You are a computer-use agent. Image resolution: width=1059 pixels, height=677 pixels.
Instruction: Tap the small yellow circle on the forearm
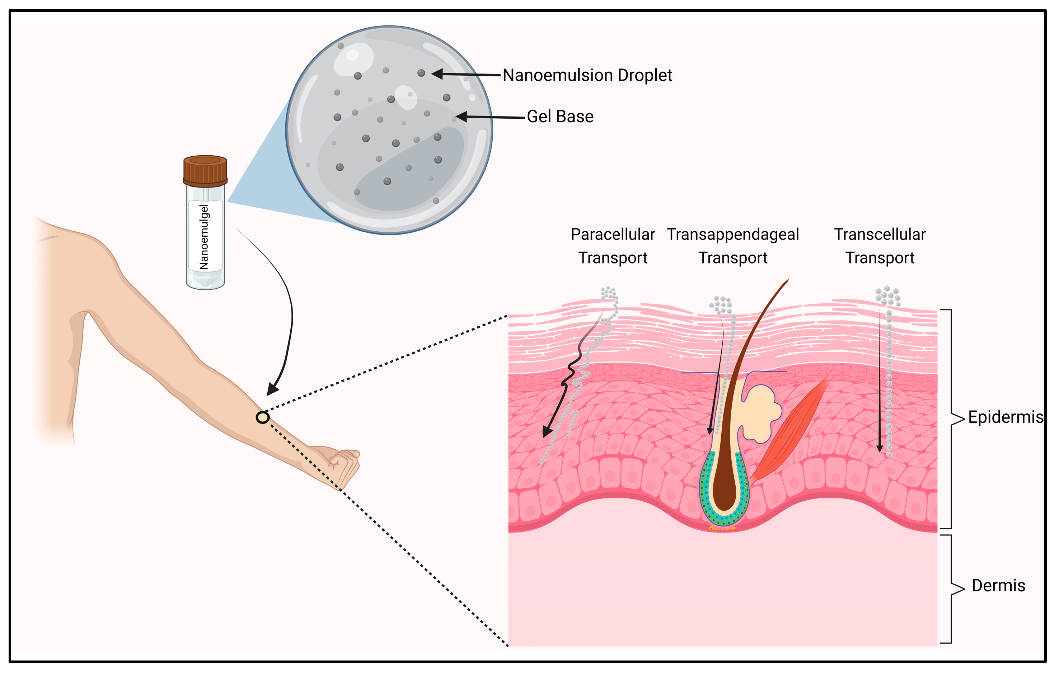coord(263,417)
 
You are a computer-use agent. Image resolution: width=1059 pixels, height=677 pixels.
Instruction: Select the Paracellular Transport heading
coord(613,246)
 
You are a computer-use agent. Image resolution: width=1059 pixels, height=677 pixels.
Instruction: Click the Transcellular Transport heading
coord(880,246)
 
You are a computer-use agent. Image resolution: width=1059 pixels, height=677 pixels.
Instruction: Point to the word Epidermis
coord(1005,417)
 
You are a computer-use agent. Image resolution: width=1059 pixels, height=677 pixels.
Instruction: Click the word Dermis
coord(998,586)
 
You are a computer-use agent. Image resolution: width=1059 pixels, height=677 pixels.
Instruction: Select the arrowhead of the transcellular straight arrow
coord(880,448)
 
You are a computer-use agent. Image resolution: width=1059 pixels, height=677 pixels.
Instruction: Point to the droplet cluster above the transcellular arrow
coord(887,295)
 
